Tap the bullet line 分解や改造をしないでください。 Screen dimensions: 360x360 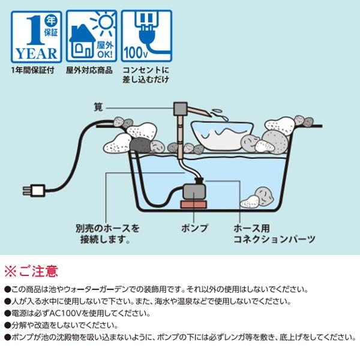pos(61,325)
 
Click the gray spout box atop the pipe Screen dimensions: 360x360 pos(179,110)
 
